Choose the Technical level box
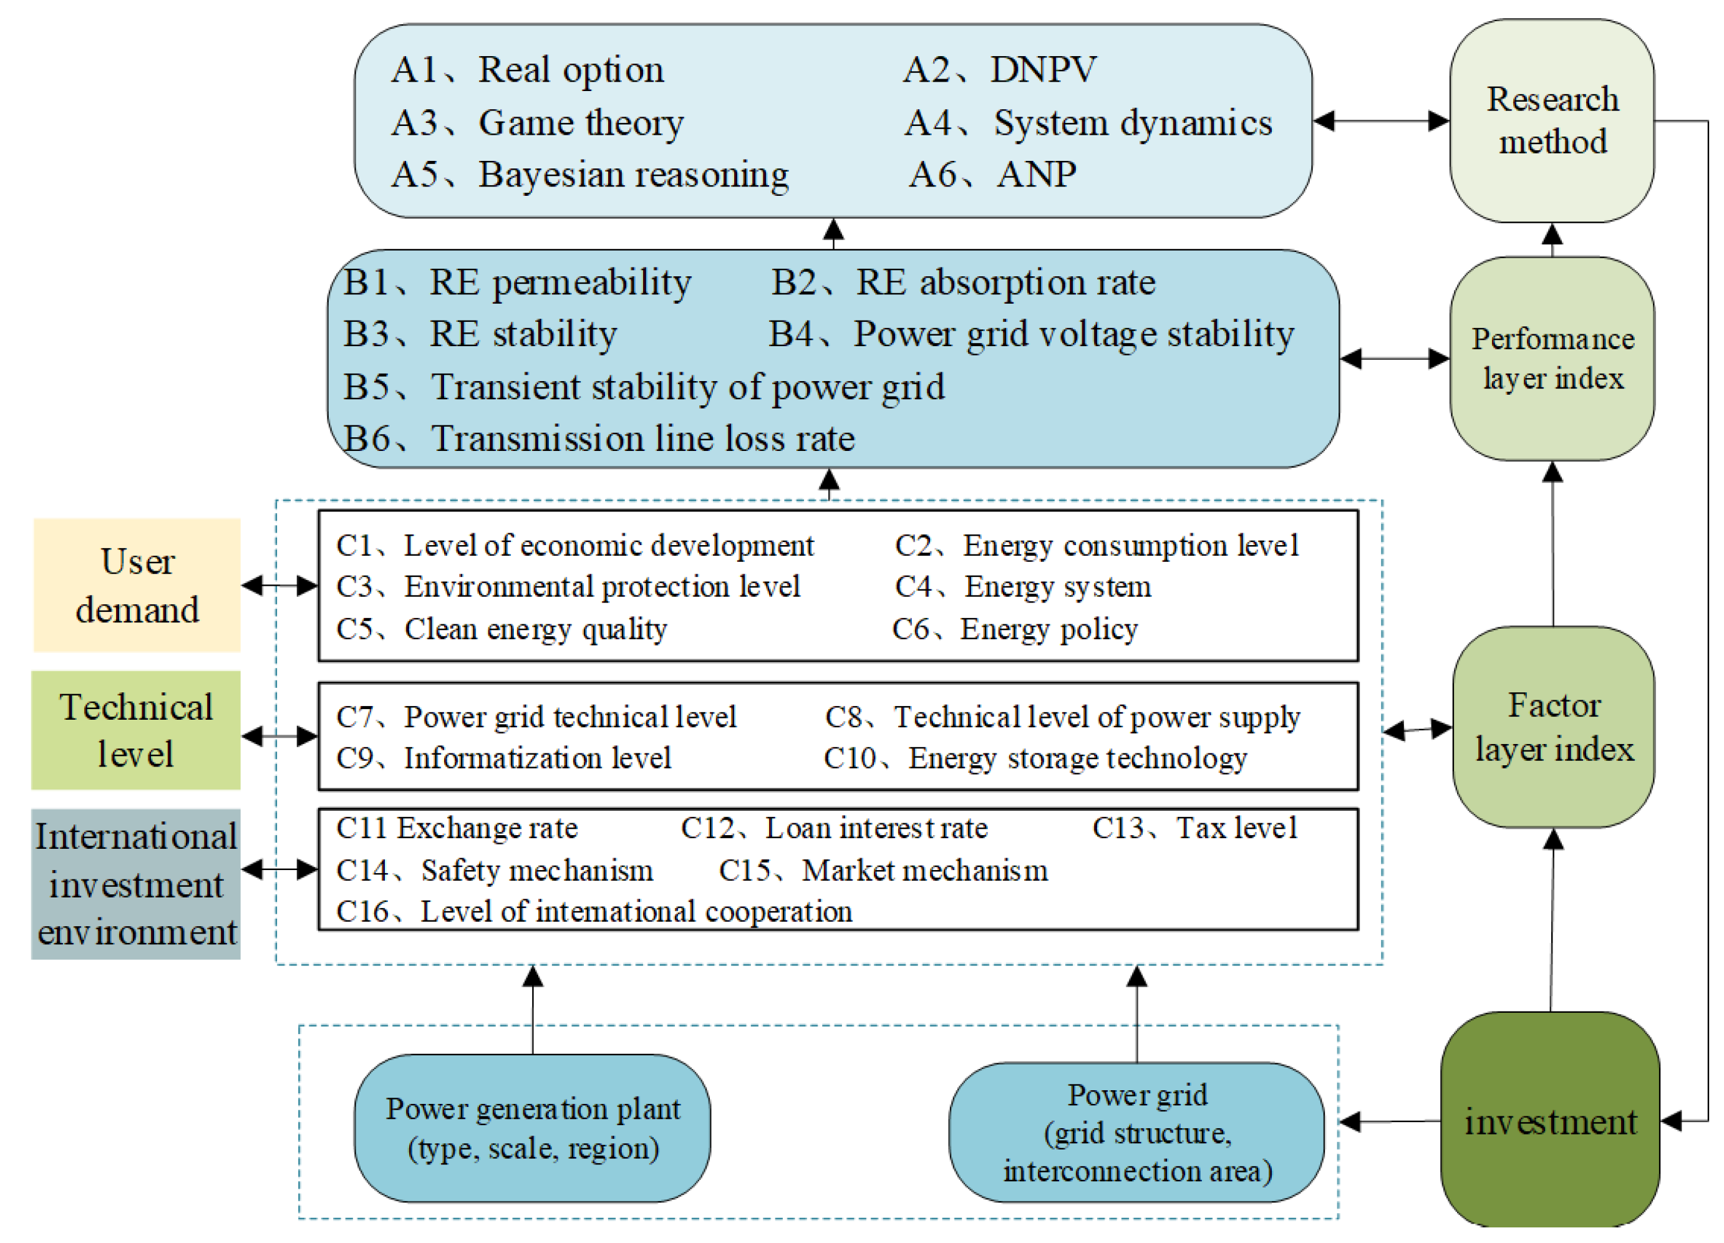pyautogui.click(x=136, y=730)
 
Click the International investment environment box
pyautogui.click(x=136, y=883)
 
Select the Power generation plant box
pyautogui.click(x=532, y=1128)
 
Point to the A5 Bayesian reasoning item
pyautogui.click(x=590, y=175)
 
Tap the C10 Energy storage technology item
pyautogui.click(x=1035, y=758)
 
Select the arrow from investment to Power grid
pyautogui.click(x=1389, y=1121)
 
